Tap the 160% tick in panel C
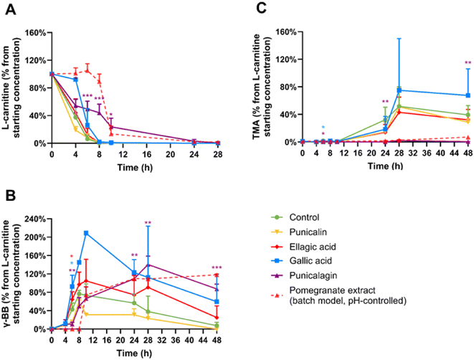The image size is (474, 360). coord(286,32)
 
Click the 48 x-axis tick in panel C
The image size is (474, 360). coord(468,152)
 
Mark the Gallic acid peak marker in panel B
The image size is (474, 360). coord(86,233)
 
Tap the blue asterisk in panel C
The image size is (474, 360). coord(323,127)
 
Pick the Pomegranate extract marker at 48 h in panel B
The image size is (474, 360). coord(217,275)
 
